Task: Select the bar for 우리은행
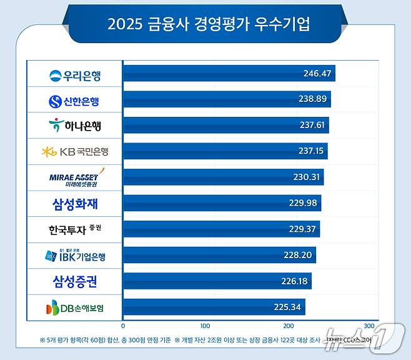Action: pos(229,74)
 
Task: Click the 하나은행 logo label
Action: pos(74,126)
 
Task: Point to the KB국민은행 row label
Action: pos(74,151)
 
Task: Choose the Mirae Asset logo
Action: pos(74,177)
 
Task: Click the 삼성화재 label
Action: pos(74,203)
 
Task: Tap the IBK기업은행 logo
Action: pos(74,255)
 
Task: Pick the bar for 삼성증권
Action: pos(217,281)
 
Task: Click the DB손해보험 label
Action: pos(74,307)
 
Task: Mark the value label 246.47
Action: pos(317,74)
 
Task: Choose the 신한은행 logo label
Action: pos(74,100)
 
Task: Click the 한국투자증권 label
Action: pos(74,229)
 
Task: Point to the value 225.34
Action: pos(287,307)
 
